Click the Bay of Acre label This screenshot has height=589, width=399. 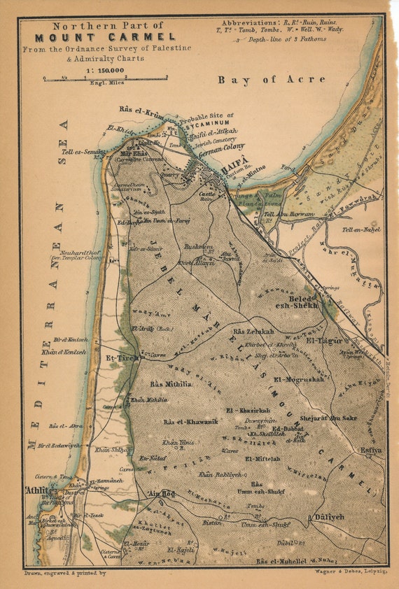[272, 80]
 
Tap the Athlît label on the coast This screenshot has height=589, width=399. [38, 490]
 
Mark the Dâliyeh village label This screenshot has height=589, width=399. [326, 518]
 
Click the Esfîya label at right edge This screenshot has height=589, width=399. [371, 450]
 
